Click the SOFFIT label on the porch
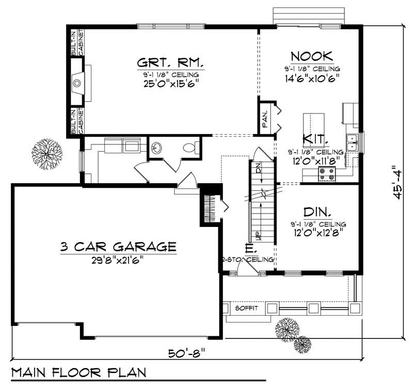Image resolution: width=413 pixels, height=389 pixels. (x=245, y=309)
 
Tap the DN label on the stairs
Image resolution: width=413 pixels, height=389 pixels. (x=258, y=168)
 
